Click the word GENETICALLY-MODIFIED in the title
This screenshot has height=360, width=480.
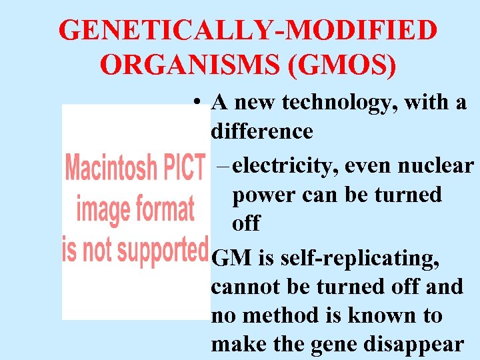coord(248,31)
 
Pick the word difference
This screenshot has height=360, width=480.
coord(261,131)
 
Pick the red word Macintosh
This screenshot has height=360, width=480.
coord(111,167)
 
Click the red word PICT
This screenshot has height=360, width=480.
coord(183,167)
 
